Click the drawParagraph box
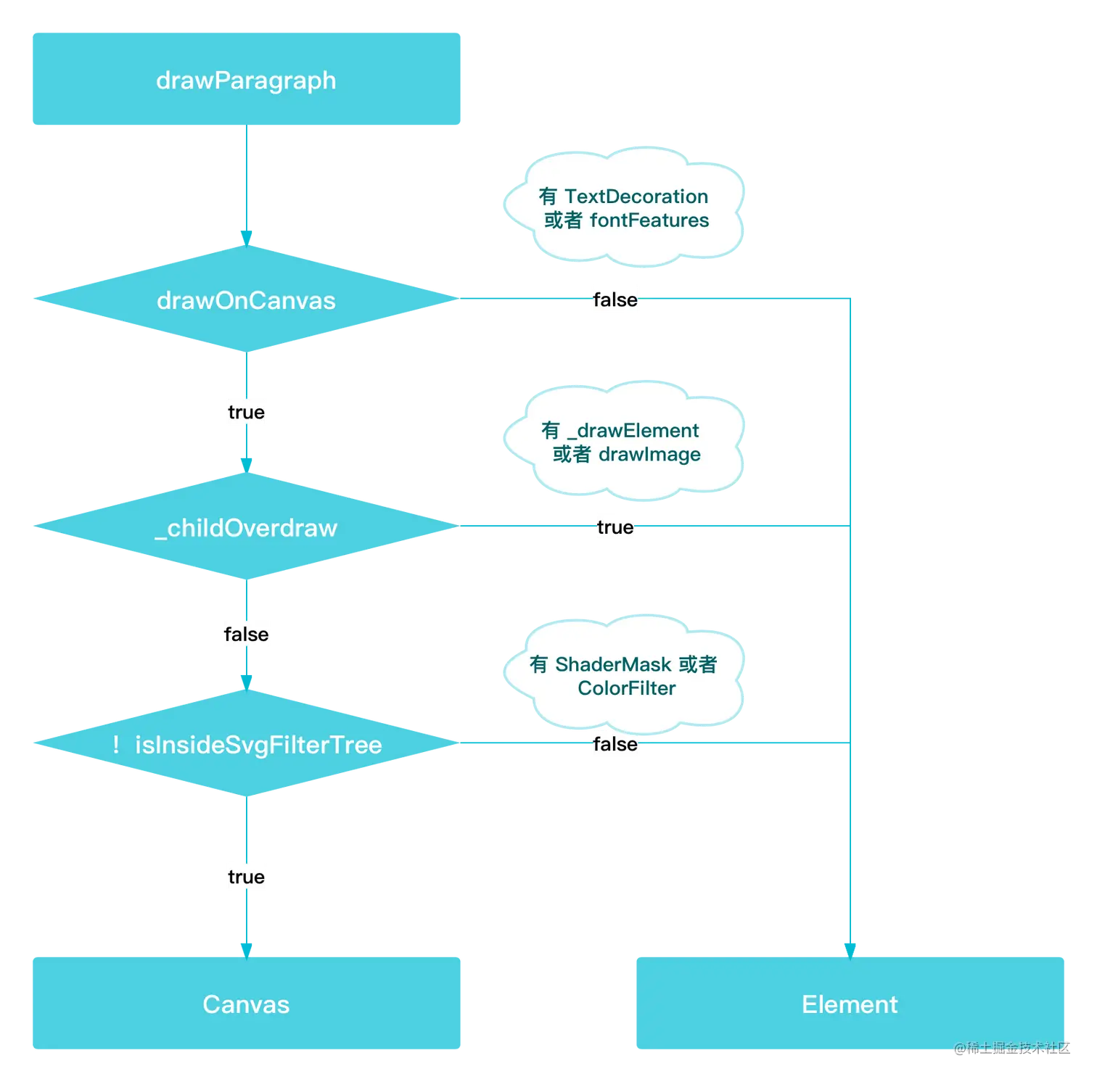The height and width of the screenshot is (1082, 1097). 247,79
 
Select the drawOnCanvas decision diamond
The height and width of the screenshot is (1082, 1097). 247,299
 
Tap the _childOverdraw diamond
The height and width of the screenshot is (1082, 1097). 247,526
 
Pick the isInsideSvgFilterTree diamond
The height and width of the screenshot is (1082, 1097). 247,743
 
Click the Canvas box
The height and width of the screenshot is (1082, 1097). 247,1003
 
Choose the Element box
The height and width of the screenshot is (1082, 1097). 850,1003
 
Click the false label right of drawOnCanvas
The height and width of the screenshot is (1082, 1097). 615,300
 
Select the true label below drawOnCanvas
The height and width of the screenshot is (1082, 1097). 247,412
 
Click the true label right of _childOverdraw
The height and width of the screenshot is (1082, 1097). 615,527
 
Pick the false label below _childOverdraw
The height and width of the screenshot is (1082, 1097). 247,635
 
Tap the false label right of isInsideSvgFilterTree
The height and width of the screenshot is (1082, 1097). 615,744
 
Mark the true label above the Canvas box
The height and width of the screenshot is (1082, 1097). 247,877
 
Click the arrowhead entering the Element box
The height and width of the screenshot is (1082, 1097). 850,951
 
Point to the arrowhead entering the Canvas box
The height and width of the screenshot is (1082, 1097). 247,951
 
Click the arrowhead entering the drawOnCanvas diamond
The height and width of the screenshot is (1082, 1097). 247,239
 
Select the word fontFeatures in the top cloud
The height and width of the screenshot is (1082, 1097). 649,220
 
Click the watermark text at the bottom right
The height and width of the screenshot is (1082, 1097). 1012,1048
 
